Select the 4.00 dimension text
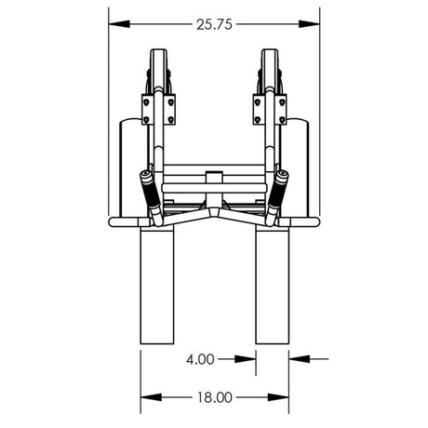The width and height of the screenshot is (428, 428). (x=201, y=357)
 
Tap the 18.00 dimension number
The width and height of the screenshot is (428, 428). (x=214, y=395)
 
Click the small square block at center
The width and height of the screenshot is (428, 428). (x=214, y=176)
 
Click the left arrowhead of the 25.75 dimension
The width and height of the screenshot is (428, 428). (x=114, y=24)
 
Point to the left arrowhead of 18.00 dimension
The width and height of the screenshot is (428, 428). (x=146, y=395)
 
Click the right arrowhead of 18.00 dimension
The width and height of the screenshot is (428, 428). (x=284, y=395)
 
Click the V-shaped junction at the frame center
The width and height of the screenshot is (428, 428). (x=214, y=212)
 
